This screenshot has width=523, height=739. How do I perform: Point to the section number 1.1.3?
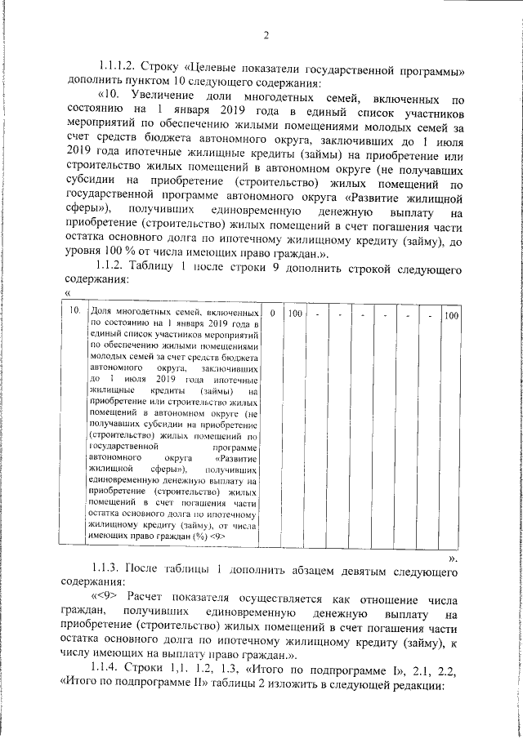click(113, 568)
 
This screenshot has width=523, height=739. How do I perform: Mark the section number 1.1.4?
click(113, 670)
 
